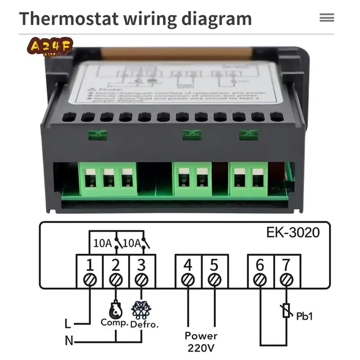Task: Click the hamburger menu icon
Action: tap(327, 18)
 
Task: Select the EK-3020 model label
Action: tap(293, 233)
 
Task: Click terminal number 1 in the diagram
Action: tap(90, 265)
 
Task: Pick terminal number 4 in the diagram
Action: tap(188, 265)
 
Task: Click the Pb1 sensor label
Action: tap(304, 316)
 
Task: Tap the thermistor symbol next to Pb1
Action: tap(287, 310)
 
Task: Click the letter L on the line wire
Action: tap(67, 324)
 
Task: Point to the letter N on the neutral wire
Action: tap(69, 341)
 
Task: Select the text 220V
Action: tap(201, 347)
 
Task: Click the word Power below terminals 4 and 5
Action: tap(201, 336)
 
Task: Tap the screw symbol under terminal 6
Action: tap(260, 280)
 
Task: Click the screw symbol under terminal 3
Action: tap(142, 280)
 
